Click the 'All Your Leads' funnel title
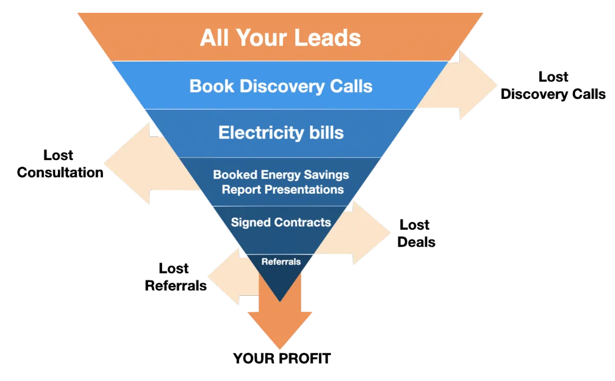pyautogui.click(x=280, y=37)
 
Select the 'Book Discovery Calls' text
pyautogui.click(x=281, y=86)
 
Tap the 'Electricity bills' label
pyautogui.click(x=281, y=133)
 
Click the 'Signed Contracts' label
pyautogui.click(x=281, y=222)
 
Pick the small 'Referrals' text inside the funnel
pyautogui.click(x=281, y=262)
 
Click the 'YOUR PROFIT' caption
pyautogui.click(x=282, y=358)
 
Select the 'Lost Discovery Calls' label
pyautogui.click(x=553, y=86)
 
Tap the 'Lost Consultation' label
pyautogui.click(x=60, y=164)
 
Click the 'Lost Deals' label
pyautogui.click(x=416, y=233)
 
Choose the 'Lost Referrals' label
pyautogui.click(x=176, y=277)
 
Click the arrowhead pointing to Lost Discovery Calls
pyautogui.click(x=478, y=85)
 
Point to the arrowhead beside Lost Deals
pyautogui.click(x=371, y=233)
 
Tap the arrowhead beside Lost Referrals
pyautogui.click(x=223, y=276)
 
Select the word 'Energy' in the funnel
pyautogui.click(x=281, y=175)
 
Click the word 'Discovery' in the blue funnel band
pyautogui.click(x=282, y=86)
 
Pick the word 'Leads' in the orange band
pyautogui.click(x=328, y=37)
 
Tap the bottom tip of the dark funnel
pyautogui.click(x=280, y=302)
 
